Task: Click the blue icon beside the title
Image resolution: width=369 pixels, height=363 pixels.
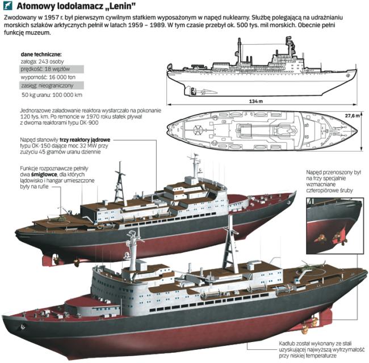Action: [x=8, y=7]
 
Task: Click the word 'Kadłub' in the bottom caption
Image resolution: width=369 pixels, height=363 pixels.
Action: [x=290, y=342]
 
